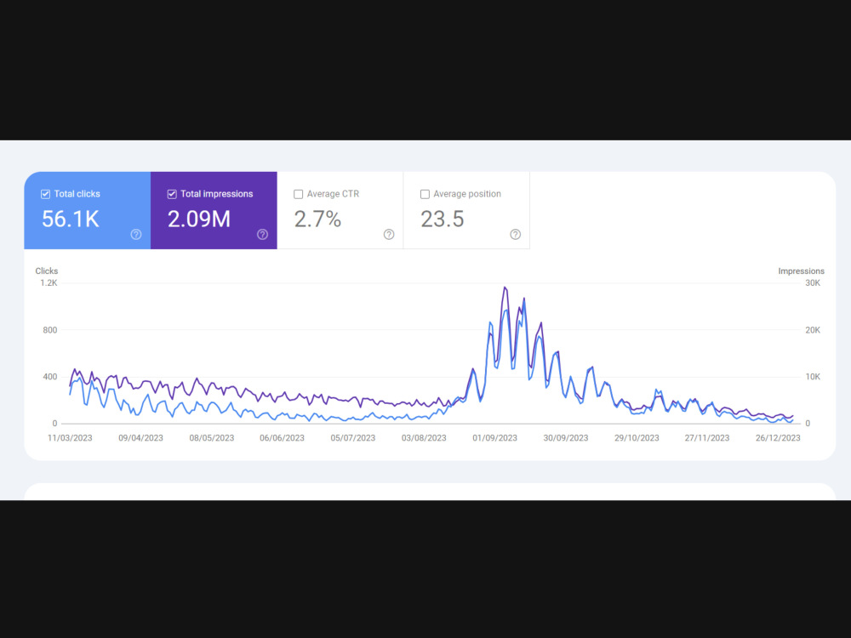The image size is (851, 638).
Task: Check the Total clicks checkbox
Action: click(46, 194)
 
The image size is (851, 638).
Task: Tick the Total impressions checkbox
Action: click(172, 194)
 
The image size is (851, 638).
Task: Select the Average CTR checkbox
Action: click(299, 194)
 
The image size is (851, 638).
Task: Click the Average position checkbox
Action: click(425, 194)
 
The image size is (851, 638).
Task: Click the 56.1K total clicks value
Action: click(71, 219)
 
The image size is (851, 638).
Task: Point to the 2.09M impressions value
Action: click(199, 219)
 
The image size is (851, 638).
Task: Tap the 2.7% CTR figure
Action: click(317, 219)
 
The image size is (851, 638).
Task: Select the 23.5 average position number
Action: click(443, 219)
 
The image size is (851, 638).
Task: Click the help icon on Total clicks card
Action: click(136, 235)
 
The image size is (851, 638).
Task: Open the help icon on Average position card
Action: click(516, 235)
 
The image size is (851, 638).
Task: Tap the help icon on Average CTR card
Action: click(389, 235)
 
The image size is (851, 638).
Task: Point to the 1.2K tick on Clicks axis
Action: click(49, 283)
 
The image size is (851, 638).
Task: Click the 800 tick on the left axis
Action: click(50, 330)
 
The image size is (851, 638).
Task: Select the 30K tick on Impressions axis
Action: click(813, 283)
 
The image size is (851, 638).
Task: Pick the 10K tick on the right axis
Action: click(813, 377)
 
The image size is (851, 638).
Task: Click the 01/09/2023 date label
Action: click(495, 438)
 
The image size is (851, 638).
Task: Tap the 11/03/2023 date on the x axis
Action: click(70, 438)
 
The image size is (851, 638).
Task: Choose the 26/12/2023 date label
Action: click(778, 438)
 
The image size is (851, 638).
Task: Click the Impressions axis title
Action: click(801, 271)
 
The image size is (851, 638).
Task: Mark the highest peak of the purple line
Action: click(505, 287)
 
